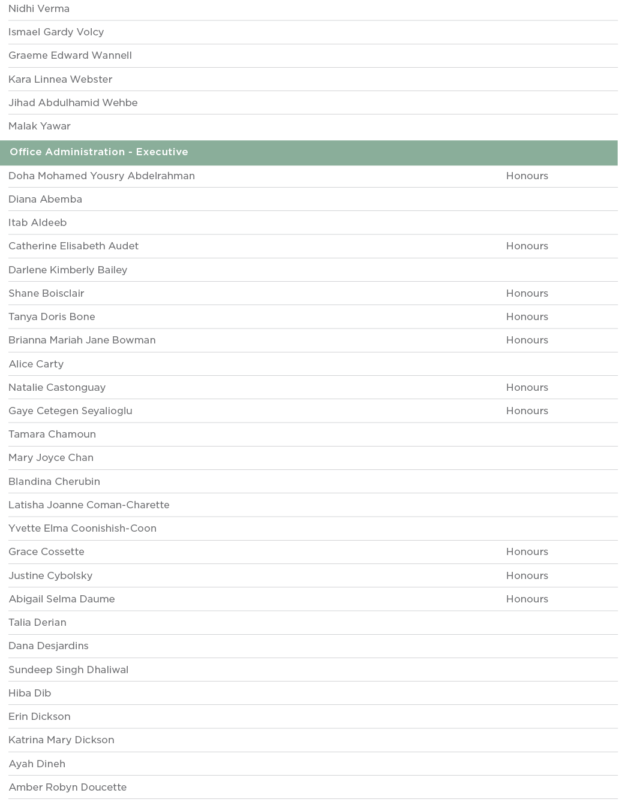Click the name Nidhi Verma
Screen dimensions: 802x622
coord(39,9)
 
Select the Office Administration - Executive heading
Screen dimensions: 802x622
coord(99,152)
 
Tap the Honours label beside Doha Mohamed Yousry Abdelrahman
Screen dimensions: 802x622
coord(527,176)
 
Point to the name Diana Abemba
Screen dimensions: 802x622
coord(45,200)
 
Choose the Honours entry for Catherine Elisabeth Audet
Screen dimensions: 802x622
coord(527,246)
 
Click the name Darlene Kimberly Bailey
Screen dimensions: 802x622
coord(68,270)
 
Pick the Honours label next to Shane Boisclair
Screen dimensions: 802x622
coord(527,294)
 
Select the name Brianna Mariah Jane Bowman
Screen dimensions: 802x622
coord(82,340)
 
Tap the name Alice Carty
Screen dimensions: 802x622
coord(36,364)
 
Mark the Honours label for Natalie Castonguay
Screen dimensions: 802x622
coord(527,388)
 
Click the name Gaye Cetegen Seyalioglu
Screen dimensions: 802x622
coord(70,411)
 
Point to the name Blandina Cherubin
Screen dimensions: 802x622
coord(54,481)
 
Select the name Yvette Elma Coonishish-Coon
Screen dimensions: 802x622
coord(82,529)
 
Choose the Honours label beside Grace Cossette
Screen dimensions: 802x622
coord(527,552)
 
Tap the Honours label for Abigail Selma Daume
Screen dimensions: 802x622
coord(527,599)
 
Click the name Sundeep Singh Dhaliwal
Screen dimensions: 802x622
coord(68,670)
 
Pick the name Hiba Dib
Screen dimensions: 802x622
coord(30,694)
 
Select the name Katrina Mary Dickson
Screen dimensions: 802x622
coord(61,740)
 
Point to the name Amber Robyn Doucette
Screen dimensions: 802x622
coord(68,788)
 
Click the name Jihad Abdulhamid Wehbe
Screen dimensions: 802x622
coord(73,103)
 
